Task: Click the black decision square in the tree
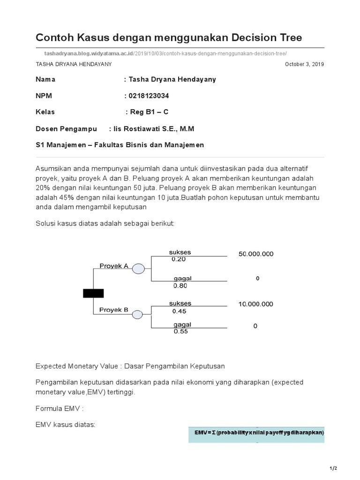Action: point(93,293)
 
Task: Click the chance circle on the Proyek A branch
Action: point(138,269)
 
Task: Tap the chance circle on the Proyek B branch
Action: point(137,315)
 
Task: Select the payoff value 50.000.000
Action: point(256,254)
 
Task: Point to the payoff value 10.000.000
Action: point(255,304)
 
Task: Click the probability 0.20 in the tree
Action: point(179,259)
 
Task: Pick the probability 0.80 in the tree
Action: point(180,285)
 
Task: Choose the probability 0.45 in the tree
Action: point(179,311)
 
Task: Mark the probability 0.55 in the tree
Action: point(180,331)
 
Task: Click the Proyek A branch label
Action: point(114,266)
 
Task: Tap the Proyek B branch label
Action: point(114,310)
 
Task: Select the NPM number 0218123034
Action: point(149,96)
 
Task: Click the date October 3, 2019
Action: point(304,64)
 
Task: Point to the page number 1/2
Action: point(333,468)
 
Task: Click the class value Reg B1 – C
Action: point(149,112)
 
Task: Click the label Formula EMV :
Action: point(60,408)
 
